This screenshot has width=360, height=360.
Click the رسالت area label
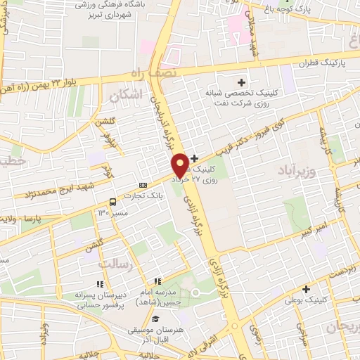point(113,262)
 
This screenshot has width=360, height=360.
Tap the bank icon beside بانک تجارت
point(143,185)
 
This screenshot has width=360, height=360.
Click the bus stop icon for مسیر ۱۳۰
point(112,202)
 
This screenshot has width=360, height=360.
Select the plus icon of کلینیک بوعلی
point(307,289)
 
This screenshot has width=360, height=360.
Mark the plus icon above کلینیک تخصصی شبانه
point(241,82)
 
